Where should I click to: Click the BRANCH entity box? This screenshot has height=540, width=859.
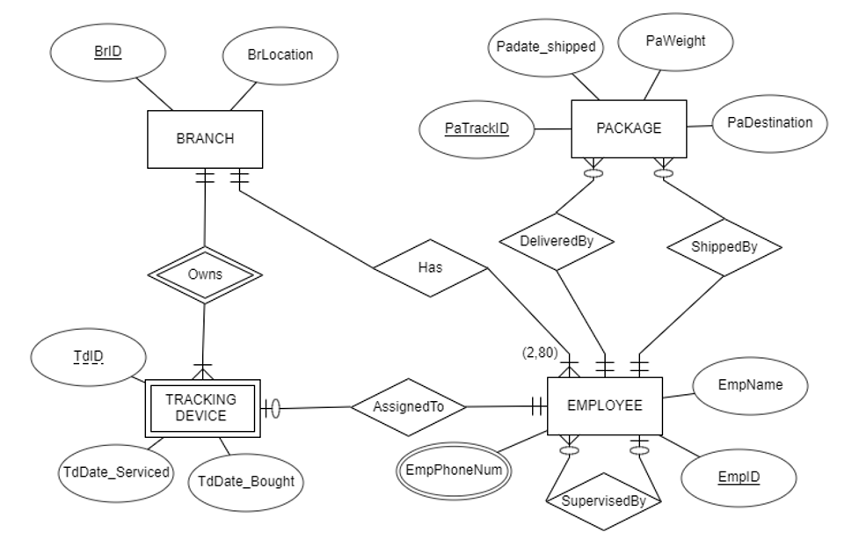[203, 139]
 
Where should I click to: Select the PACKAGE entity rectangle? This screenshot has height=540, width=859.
[628, 128]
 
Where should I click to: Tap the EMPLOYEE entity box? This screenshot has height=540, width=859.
[603, 405]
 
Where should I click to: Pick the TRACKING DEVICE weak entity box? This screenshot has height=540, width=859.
[201, 407]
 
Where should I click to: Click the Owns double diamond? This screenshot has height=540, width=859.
[204, 274]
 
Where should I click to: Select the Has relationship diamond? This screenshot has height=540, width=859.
[431, 270]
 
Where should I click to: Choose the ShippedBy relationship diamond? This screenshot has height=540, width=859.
[724, 246]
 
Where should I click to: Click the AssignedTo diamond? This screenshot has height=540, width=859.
[407, 406]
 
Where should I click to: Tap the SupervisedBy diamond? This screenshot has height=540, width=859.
[603, 500]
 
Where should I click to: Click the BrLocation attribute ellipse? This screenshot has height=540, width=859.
[279, 54]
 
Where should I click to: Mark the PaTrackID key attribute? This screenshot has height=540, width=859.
[477, 128]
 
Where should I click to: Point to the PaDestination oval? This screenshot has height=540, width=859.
[769, 122]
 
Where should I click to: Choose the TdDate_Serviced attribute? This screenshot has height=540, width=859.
[116, 471]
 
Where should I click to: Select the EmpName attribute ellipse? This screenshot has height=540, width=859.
[750, 384]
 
